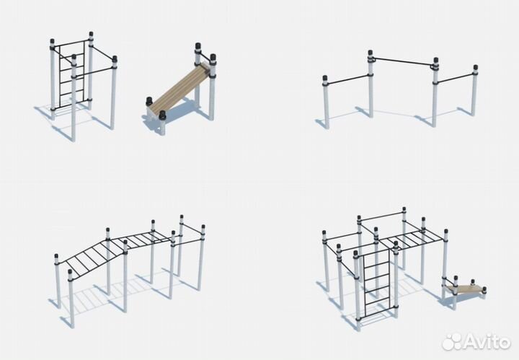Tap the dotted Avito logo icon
pos(452,341)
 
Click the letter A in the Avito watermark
pos(470,341)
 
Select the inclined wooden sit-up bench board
pos(179,87)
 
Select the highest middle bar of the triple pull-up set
pos(403,61)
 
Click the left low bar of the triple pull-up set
pos(347,79)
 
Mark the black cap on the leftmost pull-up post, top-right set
pos(325,79)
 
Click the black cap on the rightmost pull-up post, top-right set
pos(475,69)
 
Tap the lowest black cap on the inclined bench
pos(162,115)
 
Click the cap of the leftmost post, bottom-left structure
pos(56,258)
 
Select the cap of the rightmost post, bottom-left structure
pos(203,228)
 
